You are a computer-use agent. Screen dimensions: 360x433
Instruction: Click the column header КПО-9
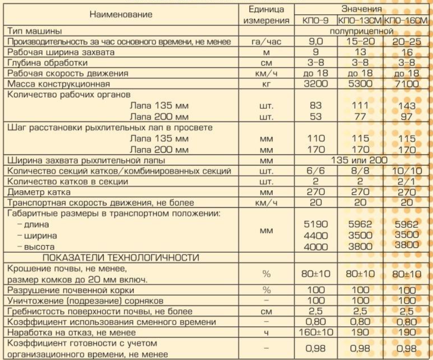(318, 21)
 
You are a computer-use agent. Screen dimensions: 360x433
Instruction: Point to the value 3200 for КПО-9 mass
(318, 84)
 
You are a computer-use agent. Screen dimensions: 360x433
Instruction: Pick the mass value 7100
(405, 84)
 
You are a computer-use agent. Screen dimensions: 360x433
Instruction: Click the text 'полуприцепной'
(362, 31)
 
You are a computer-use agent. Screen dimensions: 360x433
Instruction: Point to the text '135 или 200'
(362, 160)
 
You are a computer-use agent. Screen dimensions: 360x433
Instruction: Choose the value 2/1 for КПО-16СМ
(406, 181)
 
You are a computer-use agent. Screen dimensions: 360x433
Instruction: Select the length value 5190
(318, 225)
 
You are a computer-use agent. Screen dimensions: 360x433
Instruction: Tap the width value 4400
(318, 236)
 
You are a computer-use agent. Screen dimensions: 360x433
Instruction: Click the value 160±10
(318, 332)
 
